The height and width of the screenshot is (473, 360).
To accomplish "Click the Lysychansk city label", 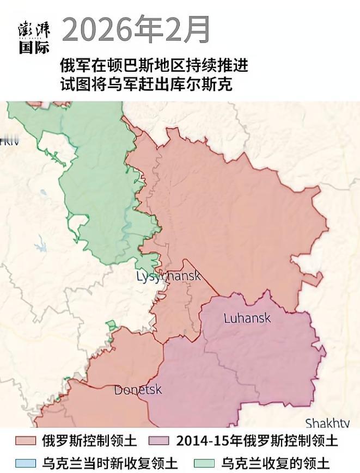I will pos(168,276).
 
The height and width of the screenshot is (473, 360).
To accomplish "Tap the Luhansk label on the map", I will pos(247,318).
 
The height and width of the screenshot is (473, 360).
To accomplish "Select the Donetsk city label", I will pos(138,390).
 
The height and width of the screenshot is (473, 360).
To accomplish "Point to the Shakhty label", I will pos(327,423).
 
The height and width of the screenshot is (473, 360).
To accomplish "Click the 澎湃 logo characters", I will pos(34,30).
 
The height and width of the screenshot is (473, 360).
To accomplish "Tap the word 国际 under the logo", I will pos(34,47).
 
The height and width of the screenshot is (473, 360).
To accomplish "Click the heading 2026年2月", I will pos(136,30).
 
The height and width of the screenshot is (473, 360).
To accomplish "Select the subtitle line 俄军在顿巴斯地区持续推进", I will pos(154,66).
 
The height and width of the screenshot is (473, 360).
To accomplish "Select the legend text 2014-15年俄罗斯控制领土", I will pos(257,440).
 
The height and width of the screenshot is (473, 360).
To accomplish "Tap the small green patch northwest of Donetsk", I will pos(111,325).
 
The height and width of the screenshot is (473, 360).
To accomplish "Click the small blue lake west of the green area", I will pos(40,246).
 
